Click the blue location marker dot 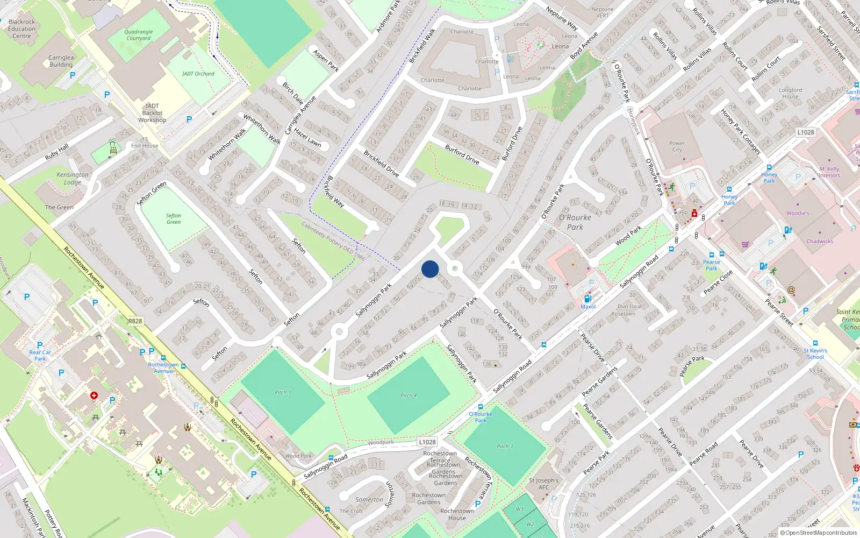430,269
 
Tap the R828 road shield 135,321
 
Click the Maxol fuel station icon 587,299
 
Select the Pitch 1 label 283,392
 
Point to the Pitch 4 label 408,395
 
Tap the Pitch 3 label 505,446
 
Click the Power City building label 677,146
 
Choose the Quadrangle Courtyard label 139,35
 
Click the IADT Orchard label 198,74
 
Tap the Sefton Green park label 174,218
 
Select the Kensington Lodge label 73,178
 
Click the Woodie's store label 798,213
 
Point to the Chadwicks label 820,242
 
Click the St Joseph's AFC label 544,484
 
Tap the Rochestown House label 457,514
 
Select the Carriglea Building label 61,61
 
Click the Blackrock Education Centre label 22,29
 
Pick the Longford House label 790,93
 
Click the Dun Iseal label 629,307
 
